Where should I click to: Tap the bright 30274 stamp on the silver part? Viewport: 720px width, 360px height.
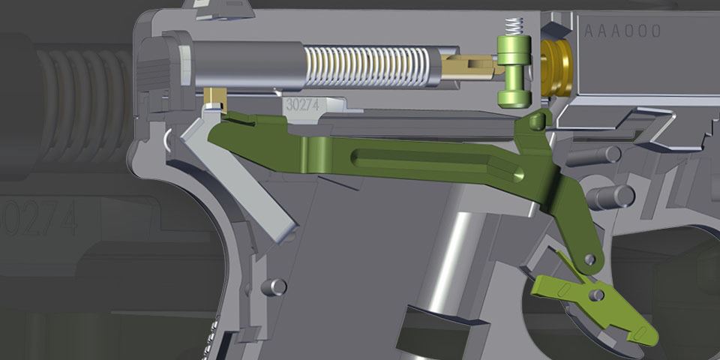[303, 106]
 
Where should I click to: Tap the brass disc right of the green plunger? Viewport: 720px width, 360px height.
[556, 65]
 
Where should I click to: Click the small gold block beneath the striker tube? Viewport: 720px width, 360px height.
[217, 97]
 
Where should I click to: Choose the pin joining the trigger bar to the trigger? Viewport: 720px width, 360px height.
[589, 259]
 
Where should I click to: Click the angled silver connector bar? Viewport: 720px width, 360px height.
[247, 180]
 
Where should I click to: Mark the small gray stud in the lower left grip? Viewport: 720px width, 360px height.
[277, 286]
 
